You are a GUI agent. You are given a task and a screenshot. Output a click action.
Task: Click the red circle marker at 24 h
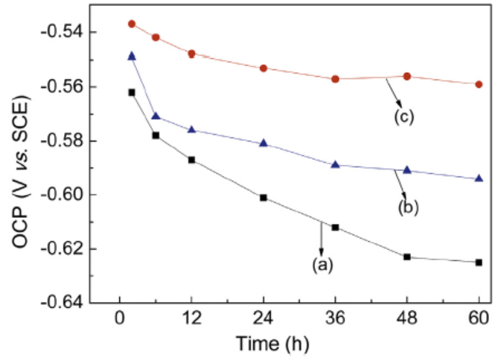(x=264, y=68)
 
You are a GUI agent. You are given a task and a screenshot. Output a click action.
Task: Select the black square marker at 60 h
(x=479, y=262)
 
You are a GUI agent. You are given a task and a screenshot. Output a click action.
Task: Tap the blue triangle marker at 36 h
(x=335, y=164)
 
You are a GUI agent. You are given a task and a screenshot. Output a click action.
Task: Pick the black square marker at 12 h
(x=191, y=160)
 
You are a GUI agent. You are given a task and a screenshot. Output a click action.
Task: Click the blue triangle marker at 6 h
(x=156, y=116)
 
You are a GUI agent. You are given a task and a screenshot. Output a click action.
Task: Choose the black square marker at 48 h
(x=407, y=257)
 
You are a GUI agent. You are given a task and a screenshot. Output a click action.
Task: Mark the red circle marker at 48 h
(x=407, y=76)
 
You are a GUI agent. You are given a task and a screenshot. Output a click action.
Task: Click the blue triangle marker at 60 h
(x=479, y=179)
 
